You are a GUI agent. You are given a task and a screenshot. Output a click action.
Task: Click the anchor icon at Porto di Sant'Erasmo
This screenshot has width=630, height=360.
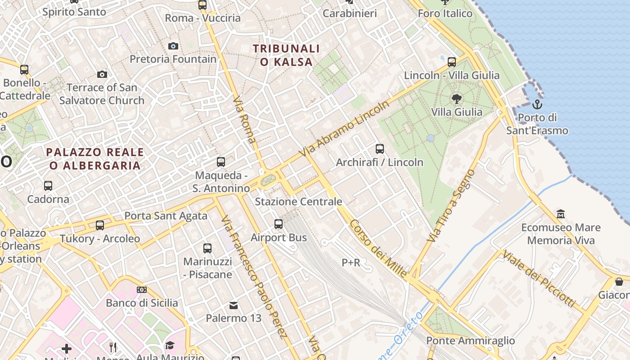coord(537,105)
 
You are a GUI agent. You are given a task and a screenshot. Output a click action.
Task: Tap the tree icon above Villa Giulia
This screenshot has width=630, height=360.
coord(456,99)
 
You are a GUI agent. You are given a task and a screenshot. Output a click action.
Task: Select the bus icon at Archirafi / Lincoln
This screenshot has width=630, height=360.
coord(380,149)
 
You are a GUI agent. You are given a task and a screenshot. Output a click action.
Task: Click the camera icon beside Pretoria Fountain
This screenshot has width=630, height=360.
coord(173,46)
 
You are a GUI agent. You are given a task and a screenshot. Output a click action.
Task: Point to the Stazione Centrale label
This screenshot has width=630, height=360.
coord(298,202)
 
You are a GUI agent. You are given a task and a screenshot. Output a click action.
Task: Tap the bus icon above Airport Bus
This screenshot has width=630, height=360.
coord(279,224)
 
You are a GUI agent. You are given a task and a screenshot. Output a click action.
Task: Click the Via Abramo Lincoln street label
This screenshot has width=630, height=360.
coord(345,129)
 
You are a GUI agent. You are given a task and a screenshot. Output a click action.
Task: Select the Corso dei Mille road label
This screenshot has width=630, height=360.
coord(378,249)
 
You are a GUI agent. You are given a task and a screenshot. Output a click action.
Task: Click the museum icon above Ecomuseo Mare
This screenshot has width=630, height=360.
coord(561,214)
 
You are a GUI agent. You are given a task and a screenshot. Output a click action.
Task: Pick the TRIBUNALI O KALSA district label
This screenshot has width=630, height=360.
coord(286,55)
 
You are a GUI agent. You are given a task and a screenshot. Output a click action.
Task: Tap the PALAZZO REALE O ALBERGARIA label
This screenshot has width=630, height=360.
coord(95,159)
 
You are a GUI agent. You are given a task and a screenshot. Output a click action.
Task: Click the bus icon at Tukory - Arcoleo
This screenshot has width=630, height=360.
coord(100,225)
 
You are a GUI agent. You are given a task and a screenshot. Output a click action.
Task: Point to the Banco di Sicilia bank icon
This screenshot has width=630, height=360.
coord(142,290)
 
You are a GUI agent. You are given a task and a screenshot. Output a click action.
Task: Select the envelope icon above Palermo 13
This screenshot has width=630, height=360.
coord(234,306)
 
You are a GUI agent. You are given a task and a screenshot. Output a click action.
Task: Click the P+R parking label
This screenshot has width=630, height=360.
coord(351,262)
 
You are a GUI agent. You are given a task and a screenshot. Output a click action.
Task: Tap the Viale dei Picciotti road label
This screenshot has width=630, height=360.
coord(539,279)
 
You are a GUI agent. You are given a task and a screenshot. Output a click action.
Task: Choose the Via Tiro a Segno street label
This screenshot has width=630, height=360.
coord(452,206)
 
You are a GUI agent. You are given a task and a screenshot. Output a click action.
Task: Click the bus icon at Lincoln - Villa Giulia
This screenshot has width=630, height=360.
coord(452,61)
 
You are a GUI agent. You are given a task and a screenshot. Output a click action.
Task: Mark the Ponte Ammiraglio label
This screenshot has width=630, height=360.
coord(470,341)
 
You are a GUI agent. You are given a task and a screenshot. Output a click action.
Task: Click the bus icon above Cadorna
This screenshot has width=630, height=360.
coord(48,185)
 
